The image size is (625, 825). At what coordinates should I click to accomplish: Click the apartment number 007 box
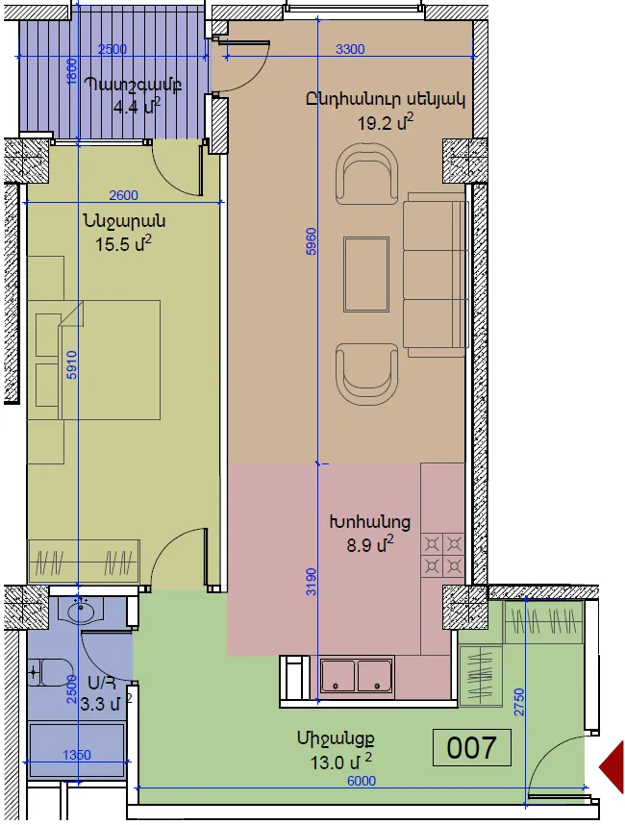[471, 747]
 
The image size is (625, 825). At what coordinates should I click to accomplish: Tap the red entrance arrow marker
[612, 766]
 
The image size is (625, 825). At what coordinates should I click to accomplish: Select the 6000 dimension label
[362, 780]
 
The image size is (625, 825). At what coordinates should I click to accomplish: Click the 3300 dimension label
[350, 49]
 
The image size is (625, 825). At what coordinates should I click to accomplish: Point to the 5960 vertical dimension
[312, 241]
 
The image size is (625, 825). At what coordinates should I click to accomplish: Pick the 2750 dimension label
[519, 702]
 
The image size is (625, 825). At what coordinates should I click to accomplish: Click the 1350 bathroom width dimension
[77, 755]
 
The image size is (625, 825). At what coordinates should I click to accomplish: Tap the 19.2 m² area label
[386, 122]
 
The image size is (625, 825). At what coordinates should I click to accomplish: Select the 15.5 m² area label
[124, 243]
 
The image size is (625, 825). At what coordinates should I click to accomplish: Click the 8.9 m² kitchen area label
[370, 544]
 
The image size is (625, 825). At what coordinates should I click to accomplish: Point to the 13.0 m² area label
[341, 762]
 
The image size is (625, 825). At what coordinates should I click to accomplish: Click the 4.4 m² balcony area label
[137, 107]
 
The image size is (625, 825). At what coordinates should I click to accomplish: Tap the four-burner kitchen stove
[443, 555]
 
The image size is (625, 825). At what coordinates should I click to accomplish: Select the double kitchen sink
[357, 675]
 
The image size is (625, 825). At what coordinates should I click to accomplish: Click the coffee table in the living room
[366, 274]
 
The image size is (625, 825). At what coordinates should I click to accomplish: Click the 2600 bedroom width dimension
[124, 195]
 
